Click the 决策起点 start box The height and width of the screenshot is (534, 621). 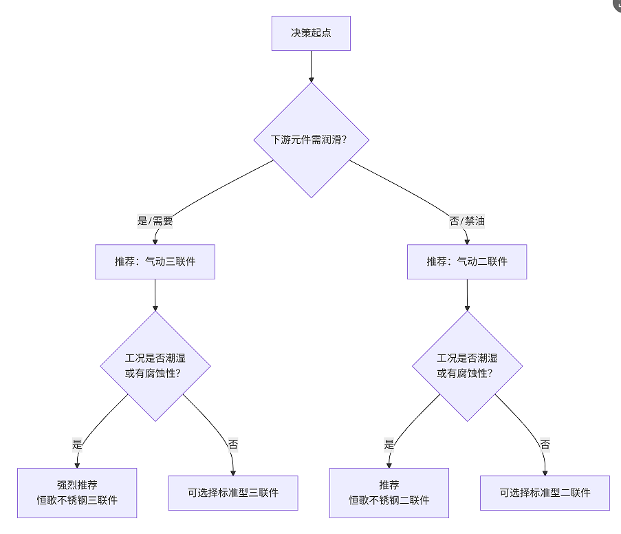tap(311, 33)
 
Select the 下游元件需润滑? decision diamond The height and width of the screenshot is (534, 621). tap(311, 140)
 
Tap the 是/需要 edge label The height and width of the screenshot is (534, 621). tap(155, 221)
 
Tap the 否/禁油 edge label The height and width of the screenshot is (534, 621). tap(467, 221)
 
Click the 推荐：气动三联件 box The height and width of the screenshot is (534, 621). tap(155, 261)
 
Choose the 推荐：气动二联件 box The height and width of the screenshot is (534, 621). tap(467, 261)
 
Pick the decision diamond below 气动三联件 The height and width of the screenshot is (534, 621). tap(155, 366)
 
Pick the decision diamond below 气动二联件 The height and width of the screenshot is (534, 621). tap(467, 366)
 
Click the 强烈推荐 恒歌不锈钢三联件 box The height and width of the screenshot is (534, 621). tap(77, 493)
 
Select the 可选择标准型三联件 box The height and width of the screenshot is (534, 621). tap(233, 493)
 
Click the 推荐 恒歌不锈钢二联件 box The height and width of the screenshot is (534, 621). tap(389, 493)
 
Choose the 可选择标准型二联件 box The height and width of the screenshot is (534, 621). tap(545, 493)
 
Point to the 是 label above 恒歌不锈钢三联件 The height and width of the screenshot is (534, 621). tap(77, 444)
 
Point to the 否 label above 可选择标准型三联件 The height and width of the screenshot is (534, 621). tap(233, 444)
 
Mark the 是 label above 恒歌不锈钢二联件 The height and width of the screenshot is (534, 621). tap(389, 444)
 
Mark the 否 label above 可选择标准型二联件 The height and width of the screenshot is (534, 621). tap(545, 444)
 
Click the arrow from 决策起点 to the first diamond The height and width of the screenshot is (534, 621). tap(311, 66)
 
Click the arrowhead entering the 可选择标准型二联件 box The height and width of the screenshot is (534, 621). tap(545, 471)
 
